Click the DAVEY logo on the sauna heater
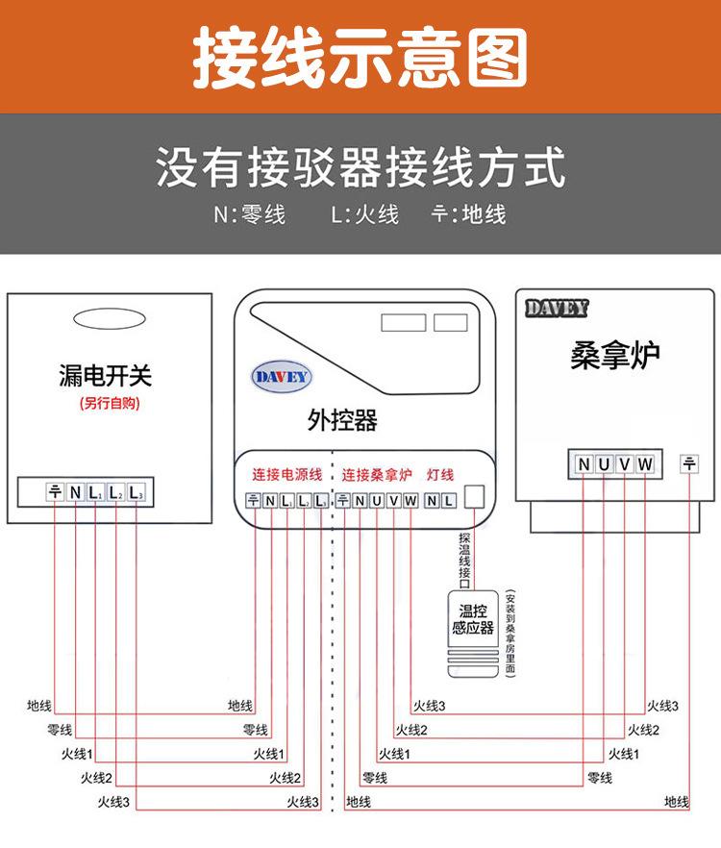(x=557, y=309)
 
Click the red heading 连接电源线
(x=287, y=474)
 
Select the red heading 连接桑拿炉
(x=377, y=474)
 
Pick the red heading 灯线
(x=439, y=474)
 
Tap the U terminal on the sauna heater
(x=604, y=465)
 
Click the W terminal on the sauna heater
(x=645, y=465)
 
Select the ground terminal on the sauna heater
(x=689, y=464)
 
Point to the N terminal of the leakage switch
(x=75, y=492)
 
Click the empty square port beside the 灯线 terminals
(x=475, y=497)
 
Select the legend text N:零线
(x=249, y=214)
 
